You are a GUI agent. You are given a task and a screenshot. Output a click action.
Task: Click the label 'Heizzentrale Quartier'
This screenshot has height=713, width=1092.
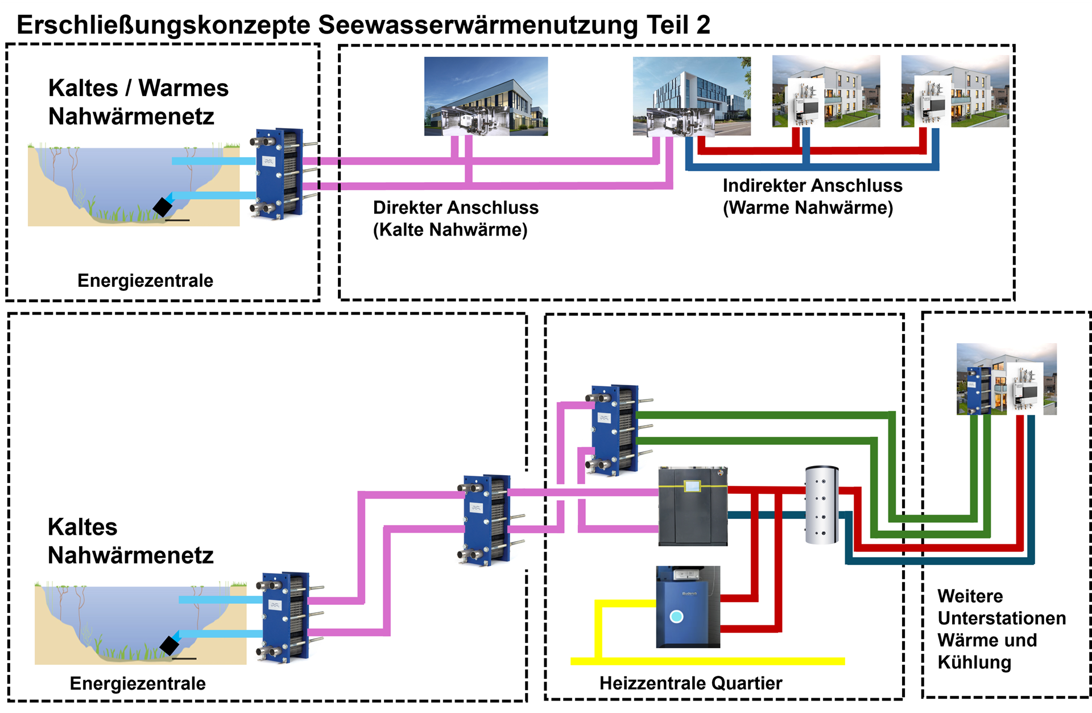pyautogui.click(x=690, y=683)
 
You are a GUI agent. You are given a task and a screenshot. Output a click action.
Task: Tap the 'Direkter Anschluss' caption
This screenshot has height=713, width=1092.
pyautogui.click(x=456, y=208)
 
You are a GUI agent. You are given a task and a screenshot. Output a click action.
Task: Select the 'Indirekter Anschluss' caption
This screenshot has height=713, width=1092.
pyautogui.click(x=812, y=186)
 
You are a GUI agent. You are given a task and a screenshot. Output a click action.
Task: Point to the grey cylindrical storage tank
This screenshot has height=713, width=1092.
pyautogui.click(x=822, y=505)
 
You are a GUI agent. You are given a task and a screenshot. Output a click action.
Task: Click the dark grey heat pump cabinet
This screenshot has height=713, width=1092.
pyautogui.click(x=693, y=506)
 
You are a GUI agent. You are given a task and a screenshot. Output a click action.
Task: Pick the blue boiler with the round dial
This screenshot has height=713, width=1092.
pyautogui.click(x=688, y=607)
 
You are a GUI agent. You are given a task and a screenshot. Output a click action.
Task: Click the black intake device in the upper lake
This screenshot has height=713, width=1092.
pyautogui.click(x=163, y=207)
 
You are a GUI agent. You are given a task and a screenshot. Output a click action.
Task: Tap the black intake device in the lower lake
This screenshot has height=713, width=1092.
pyautogui.click(x=169, y=645)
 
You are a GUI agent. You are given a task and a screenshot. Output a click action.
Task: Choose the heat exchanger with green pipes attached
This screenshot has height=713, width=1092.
pyautogui.click(x=614, y=430)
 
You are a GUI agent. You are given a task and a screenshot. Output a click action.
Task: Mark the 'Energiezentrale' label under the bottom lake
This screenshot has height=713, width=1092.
pyautogui.click(x=138, y=683)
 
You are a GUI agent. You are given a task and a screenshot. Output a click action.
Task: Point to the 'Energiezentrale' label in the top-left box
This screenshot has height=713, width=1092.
pyautogui.click(x=145, y=281)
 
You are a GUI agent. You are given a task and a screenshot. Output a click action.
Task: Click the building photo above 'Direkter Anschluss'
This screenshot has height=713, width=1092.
pyautogui.click(x=486, y=96)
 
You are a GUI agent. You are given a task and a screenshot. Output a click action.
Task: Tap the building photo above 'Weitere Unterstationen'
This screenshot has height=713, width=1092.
pyautogui.click(x=1006, y=378)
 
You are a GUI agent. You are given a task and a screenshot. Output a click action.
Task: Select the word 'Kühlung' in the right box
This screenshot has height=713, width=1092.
pyautogui.click(x=974, y=662)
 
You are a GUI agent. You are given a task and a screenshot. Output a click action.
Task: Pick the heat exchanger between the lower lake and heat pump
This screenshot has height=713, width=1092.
pyautogui.click(x=485, y=520)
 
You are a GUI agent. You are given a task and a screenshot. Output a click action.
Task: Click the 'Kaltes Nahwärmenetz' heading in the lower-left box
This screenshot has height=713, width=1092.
pyautogui.click(x=130, y=541)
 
